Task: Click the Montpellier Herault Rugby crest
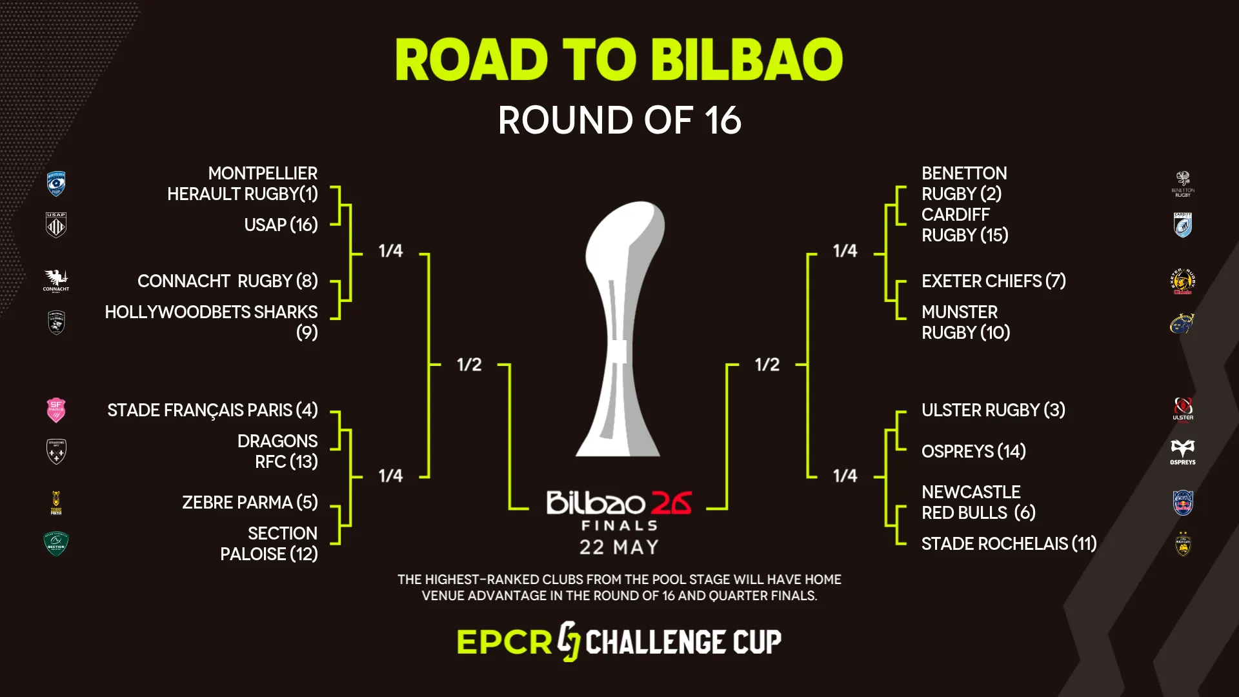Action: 56,183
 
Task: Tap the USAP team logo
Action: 56,225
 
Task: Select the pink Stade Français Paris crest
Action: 56,410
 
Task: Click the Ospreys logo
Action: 1182,451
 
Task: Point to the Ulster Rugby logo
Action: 1182,409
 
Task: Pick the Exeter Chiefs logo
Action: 1182,281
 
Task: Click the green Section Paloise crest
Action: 56,543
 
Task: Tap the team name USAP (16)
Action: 281,225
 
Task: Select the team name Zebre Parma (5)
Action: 250,502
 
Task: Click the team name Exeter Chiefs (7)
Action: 993,281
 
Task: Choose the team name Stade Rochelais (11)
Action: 1009,543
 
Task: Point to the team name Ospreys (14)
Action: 973,451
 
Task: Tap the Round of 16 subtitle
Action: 619,120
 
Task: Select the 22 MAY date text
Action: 619,547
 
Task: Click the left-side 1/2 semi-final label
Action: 469,365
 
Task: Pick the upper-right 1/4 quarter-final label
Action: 845,250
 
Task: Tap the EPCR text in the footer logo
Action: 504,641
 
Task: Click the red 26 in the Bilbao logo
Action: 671,503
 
